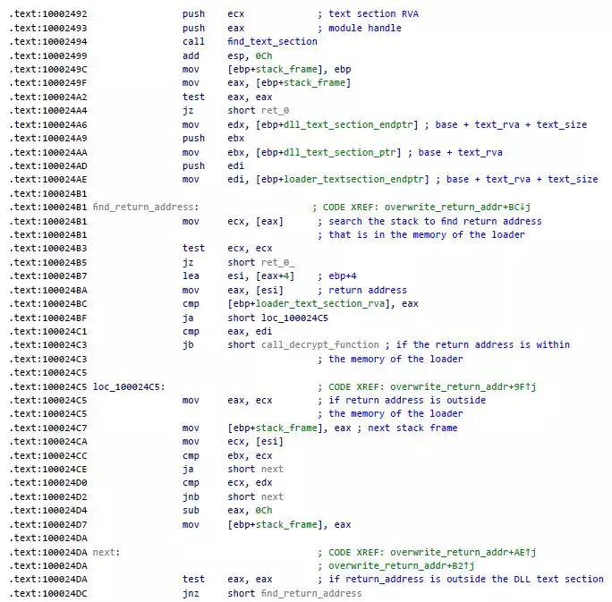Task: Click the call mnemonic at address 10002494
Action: coord(193,41)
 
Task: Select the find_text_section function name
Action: coord(272,41)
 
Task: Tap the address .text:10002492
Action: coord(48,14)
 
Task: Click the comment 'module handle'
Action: coord(364,28)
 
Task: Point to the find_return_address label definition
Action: coord(146,207)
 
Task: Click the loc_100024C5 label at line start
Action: coord(129,386)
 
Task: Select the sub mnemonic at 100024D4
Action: coord(191,511)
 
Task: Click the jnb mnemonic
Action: coord(191,496)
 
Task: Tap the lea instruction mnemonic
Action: coord(191,276)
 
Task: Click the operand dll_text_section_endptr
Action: coord(348,125)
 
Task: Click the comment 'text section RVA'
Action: coord(373,14)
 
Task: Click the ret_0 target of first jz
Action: coord(275,111)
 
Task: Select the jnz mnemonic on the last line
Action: coord(191,593)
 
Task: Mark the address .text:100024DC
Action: coord(48,593)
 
